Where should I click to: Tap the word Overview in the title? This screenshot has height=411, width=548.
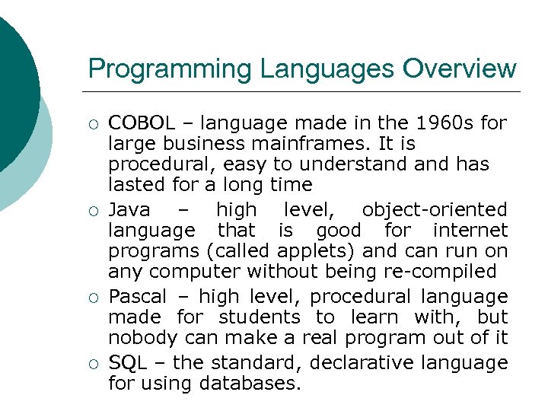click(x=460, y=69)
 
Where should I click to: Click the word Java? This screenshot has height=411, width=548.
click(x=129, y=209)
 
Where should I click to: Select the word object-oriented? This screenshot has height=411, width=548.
click(x=435, y=209)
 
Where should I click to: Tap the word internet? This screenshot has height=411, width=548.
click(x=470, y=230)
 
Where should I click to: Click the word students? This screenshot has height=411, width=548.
click(x=260, y=317)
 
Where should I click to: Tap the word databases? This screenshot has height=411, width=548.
click(x=250, y=383)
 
